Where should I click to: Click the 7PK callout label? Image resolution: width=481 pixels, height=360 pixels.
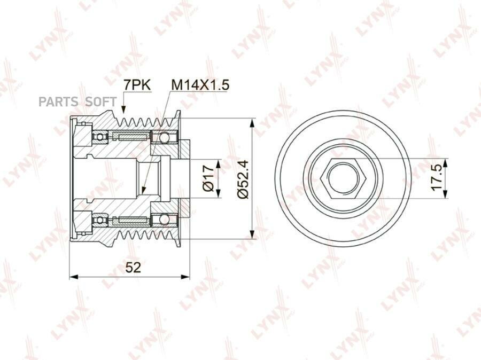137,85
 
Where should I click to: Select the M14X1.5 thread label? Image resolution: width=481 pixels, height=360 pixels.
200,85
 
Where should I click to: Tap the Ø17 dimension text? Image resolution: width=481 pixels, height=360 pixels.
208,178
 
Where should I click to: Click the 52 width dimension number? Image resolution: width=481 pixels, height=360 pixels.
134,268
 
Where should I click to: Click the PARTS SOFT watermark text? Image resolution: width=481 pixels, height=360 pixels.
77,101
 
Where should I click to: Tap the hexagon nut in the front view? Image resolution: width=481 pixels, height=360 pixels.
342,178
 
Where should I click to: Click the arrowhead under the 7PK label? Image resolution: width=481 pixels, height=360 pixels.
123,109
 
